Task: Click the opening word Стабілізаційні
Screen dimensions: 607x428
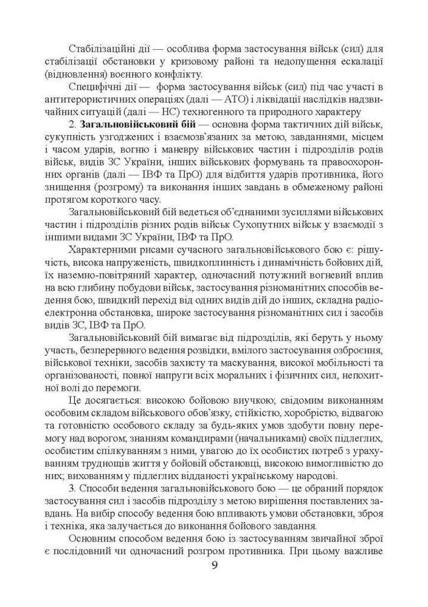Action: tap(101, 48)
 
